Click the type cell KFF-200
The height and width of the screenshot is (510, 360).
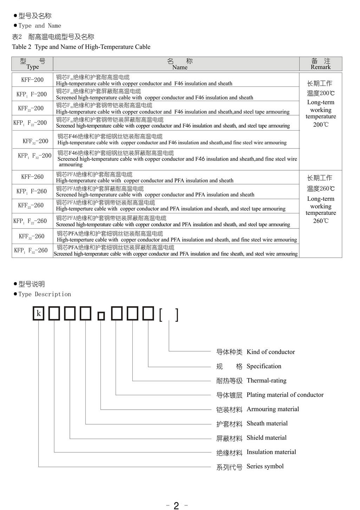click(32, 80)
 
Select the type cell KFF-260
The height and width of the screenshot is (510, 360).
click(32, 177)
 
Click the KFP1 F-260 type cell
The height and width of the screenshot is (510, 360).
click(32, 191)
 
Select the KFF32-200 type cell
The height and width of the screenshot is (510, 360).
click(35, 141)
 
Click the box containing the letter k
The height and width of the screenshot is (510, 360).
click(39, 313)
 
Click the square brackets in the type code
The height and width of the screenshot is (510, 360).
click(169, 315)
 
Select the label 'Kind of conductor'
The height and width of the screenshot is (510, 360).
click(270, 352)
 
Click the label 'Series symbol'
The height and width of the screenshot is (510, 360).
click(265, 466)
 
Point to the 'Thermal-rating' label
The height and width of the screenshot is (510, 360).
click(266, 380)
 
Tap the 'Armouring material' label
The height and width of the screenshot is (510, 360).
click(273, 409)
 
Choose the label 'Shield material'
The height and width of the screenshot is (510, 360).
click(266, 438)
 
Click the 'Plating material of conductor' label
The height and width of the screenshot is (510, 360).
click(285, 395)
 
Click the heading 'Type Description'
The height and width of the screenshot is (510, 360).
click(45, 294)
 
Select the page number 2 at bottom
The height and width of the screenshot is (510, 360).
click(176, 505)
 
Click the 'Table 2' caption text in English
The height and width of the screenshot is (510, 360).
click(81, 47)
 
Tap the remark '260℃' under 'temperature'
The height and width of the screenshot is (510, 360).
click(321, 221)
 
